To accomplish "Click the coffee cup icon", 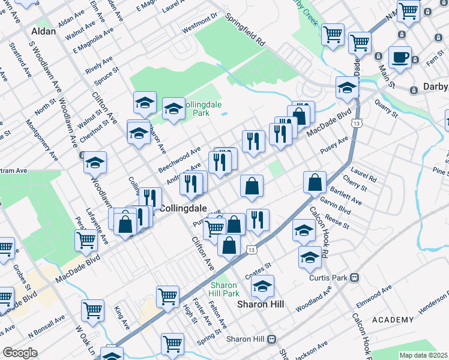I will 400,59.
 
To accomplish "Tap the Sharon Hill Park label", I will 224,289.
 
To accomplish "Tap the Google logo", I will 20,353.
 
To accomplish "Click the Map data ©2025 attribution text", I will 424,355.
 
